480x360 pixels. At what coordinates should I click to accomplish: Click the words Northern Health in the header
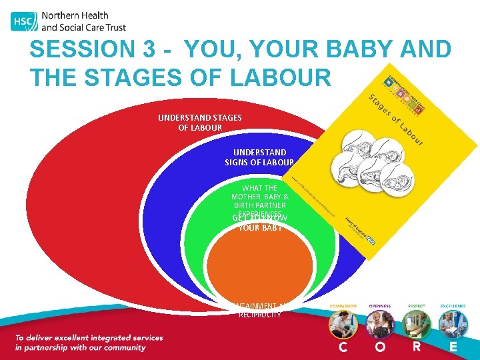pyautogui.click(x=74, y=15)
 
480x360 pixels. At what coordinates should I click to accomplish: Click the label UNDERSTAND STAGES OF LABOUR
pyautogui.click(x=200, y=123)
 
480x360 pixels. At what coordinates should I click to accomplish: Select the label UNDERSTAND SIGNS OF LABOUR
pyautogui.click(x=259, y=157)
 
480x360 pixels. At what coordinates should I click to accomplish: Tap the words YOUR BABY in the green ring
pyautogui.click(x=260, y=228)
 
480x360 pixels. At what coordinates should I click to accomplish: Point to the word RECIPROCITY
pyautogui.click(x=260, y=315)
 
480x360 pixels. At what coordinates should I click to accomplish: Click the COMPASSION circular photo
pyautogui.click(x=343, y=325)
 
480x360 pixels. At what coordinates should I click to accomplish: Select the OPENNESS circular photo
pyautogui.click(x=379, y=325)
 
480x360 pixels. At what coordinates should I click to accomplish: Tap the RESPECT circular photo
pyautogui.click(x=416, y=325)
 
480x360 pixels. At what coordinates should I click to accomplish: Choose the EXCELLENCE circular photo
pyautogui.click(x=453, y=325)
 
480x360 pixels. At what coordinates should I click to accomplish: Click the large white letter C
pyautogui.click(x=343, y=347)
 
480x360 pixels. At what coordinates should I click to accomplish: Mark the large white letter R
pyautogui.click(x=416, y=347)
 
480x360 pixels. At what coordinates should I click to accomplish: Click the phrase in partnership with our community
pyautogui.click(x=80, y=348)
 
